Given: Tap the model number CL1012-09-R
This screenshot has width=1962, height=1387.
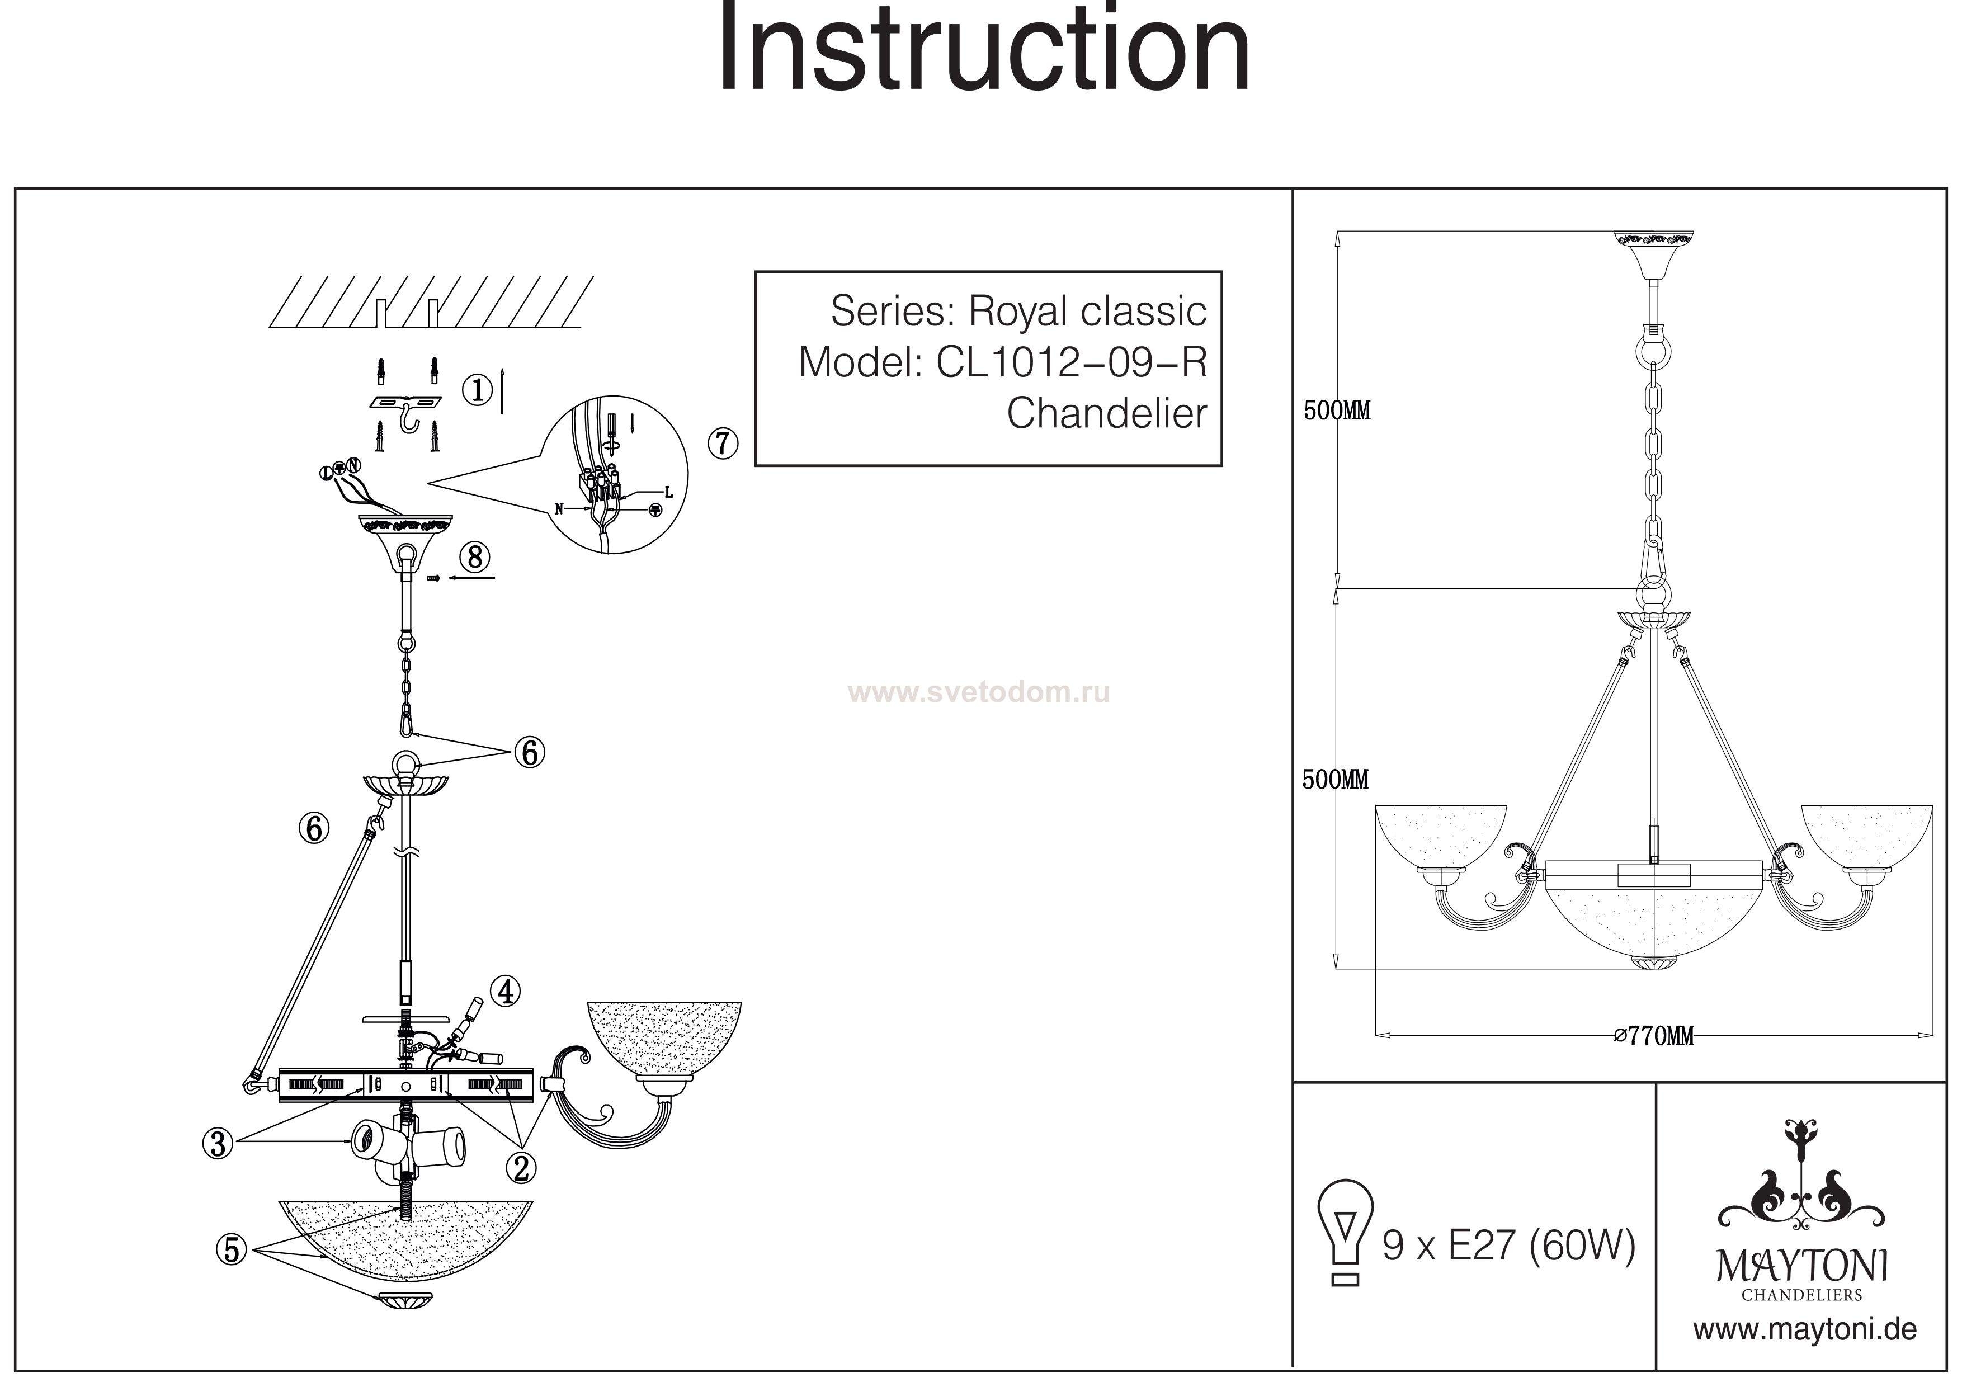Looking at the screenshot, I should [x=1072, y=362].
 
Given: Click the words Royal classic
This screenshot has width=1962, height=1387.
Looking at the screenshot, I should [x=1087, y=311].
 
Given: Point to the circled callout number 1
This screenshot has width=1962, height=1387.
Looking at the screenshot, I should [x=478, y=390].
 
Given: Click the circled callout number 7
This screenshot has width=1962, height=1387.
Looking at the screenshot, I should [x=723, y=444].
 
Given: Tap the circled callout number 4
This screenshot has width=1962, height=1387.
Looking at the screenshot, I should [x=507, y=992].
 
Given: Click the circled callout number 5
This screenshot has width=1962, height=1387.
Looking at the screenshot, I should [x=232, y=1251].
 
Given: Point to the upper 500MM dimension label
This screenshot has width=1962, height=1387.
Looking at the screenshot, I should [x=1337, y=411].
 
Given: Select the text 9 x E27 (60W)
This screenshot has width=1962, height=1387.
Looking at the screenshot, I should [x=1509, y=1247].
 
